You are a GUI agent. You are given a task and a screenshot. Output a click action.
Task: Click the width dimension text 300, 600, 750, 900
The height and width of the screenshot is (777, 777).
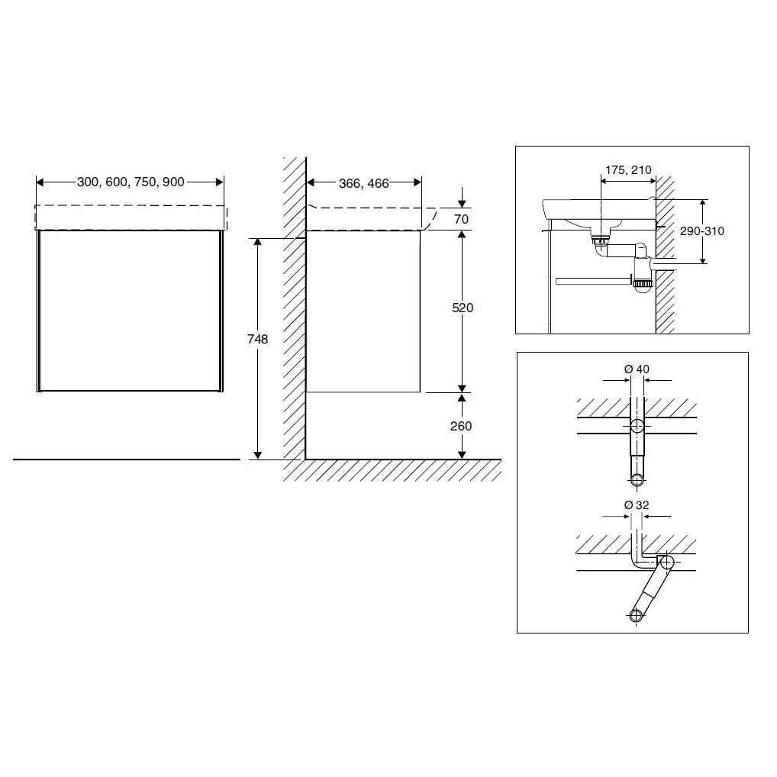click(131, 182)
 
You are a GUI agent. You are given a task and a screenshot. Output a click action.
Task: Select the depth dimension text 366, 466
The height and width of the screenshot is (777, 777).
click(364, 183)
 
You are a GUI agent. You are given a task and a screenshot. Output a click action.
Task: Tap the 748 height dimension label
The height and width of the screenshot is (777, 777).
click(258, 339)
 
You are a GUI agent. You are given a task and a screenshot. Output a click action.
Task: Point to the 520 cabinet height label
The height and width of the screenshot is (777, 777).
click(463, 308)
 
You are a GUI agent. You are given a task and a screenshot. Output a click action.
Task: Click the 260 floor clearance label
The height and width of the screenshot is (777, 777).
click(461, 426)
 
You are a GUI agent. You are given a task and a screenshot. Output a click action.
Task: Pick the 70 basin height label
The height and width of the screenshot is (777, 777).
click(461, 219)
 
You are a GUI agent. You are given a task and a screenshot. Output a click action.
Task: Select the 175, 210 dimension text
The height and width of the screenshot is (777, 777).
click(628, 170)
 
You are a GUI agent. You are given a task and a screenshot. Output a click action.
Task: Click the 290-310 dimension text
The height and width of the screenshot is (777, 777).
click(701, 231)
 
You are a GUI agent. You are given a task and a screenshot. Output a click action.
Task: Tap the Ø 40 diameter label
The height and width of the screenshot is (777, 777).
click(637, 369)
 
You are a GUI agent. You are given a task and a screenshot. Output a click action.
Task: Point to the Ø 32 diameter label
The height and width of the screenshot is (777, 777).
click(637, 505)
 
